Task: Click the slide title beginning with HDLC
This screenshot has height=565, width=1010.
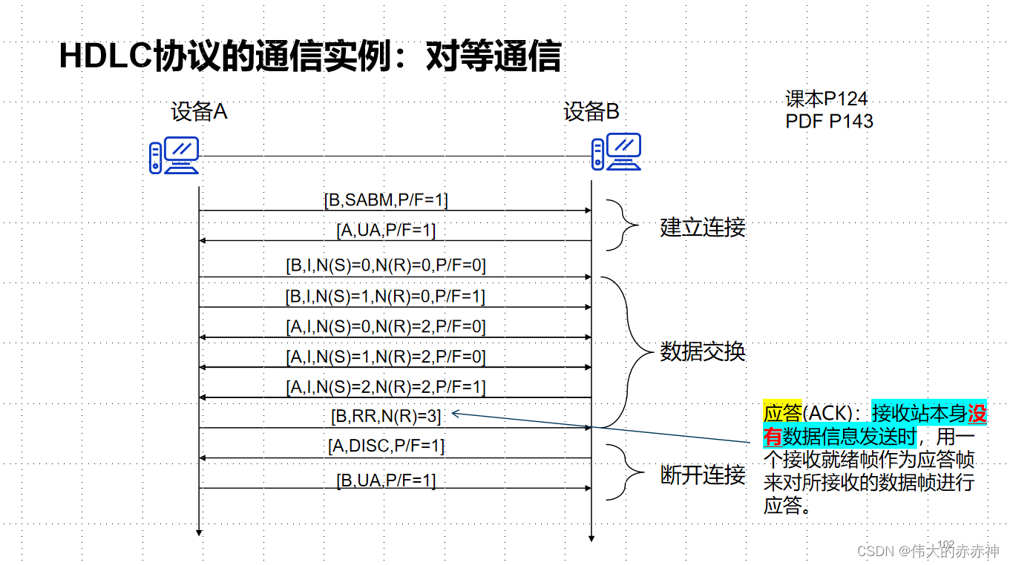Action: (x=309, y=57)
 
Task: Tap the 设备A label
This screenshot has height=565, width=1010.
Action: (x=199, y=112)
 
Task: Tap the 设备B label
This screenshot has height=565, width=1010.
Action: (x=591, y=112)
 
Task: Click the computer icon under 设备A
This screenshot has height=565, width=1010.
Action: (x=174, y=155)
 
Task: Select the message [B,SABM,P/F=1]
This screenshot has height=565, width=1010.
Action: (x=386, y=199)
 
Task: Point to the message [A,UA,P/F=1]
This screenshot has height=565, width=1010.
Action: (x=386, y=231)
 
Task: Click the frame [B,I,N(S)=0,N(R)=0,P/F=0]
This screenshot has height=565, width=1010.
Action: (x=386, y=265)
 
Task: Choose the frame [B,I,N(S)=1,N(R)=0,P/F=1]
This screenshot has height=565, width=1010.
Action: (x=386, y=297)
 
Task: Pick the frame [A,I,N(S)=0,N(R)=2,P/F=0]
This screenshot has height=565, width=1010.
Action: (x=386, y=326)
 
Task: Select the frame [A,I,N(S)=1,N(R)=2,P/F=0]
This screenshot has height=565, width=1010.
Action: (x=386, y=357)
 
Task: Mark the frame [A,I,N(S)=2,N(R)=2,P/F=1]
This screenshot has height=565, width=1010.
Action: (x=386, y=386)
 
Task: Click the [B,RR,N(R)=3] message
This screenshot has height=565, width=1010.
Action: (x=386, y=417)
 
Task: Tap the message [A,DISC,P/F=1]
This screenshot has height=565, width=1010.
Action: (x=386, y=446)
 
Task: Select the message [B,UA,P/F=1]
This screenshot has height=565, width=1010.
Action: (x=386, y=480)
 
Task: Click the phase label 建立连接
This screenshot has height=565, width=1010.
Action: (x=702, y=227)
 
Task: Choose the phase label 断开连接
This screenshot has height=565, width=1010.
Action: (x=702, y=475)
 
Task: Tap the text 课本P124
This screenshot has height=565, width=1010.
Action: (x=826, y=99)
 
